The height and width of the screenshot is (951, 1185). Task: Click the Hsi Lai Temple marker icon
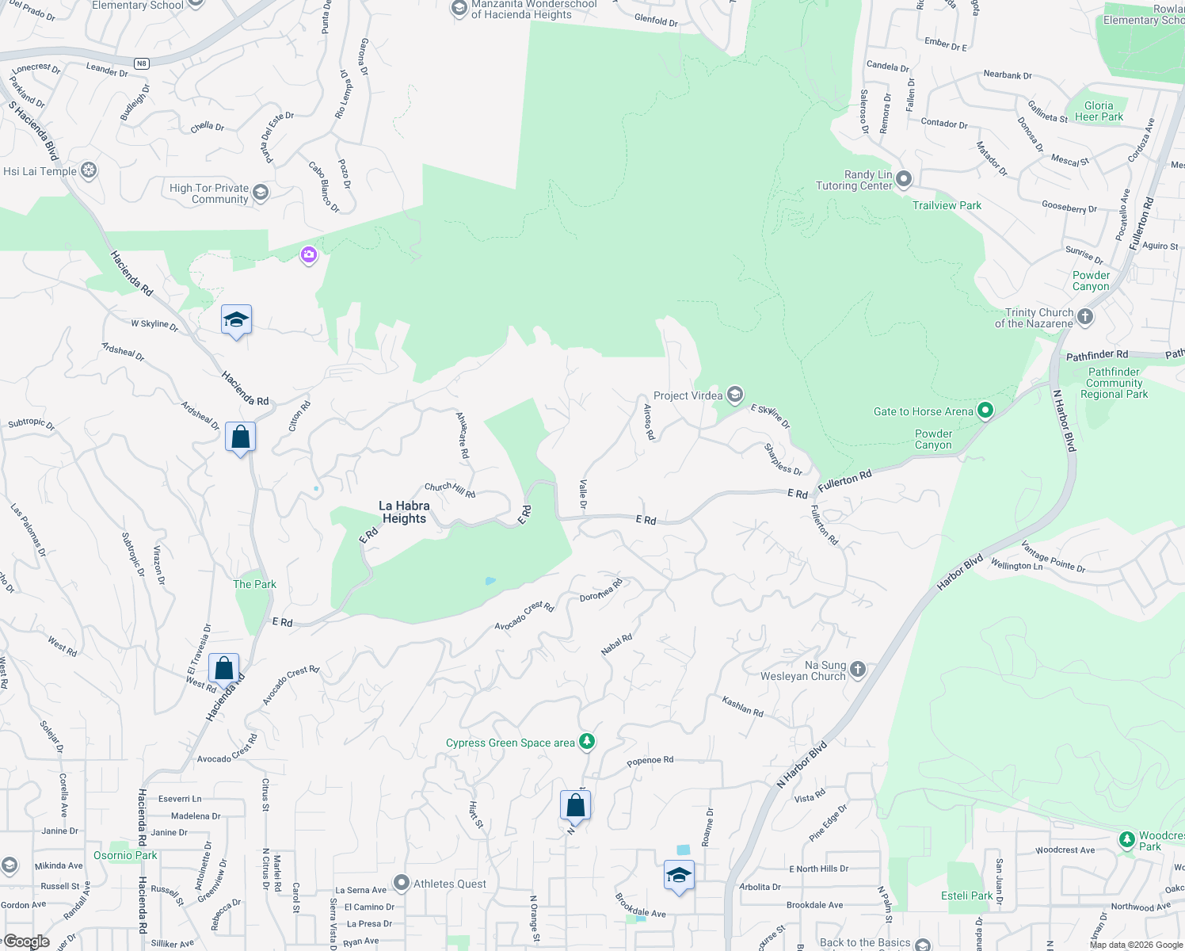click(89, 170)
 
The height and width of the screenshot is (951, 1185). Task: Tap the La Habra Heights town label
click(404, 512)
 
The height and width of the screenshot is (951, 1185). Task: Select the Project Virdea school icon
click(735, 395)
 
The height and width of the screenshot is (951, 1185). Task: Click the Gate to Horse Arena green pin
click(985, 411)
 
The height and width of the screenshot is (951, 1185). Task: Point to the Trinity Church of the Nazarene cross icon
click(1085, 317)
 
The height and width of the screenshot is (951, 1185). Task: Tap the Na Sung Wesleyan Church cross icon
click(857, 670)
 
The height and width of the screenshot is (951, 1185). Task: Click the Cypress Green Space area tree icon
click(587, 742)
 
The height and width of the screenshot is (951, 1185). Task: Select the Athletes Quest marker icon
click(402, 883)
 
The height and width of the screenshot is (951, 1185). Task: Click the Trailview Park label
click(947, 205)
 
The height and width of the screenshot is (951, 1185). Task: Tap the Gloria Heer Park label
click(1099, 111)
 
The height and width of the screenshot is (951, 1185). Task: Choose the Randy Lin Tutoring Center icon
click(904, 179)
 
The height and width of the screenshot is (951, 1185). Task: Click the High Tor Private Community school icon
click(260, 193)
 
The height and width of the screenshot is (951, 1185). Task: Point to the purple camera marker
click(308, 255)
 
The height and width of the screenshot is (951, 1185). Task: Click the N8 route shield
click(141, 63)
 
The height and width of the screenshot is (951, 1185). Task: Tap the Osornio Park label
click(125, 855)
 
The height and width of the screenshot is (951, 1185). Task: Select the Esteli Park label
click(966, 896)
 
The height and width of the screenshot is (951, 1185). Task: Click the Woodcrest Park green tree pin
click(1126, 839)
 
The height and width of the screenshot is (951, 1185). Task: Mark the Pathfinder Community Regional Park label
click(1114, 383)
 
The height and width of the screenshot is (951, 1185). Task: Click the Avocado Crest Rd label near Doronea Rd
click(524, 616)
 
